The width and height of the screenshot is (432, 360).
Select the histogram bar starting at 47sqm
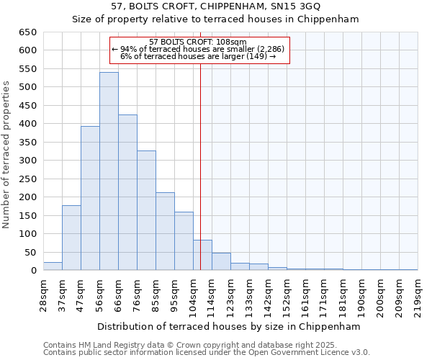click(x=90, y=198)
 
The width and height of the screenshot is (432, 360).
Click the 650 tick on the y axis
click(x=27, y=32)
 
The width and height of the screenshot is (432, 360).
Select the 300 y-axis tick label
click(x=27, y=161)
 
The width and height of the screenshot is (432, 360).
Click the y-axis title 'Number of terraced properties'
click(x=6, y=155)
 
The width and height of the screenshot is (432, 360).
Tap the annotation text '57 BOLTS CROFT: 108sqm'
click(x=198, y=42)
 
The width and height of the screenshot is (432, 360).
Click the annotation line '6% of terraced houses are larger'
click(x=198, y=56)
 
